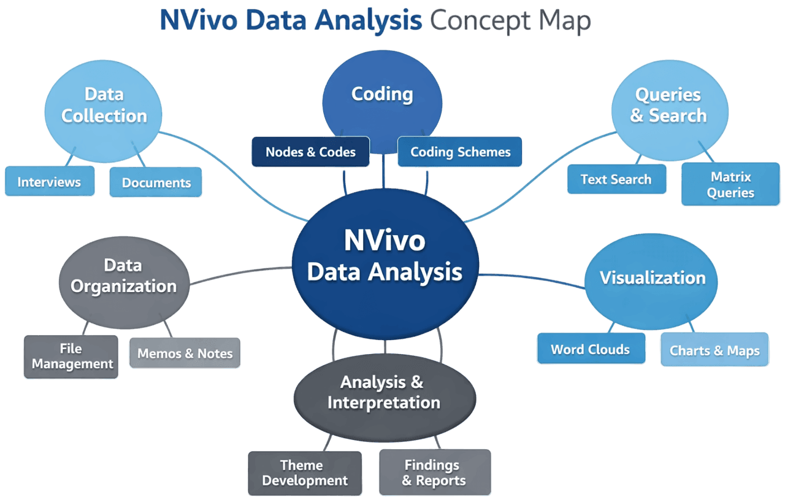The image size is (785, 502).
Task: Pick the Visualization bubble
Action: pyautogui.click(x=653, y=278)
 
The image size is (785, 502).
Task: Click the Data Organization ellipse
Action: pyautogui.click(x=123, y=277)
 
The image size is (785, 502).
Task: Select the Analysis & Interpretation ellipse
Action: pyautogui.click(x=385, y=393)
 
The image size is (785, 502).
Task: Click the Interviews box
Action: pyautogui.click(x=49, y=182)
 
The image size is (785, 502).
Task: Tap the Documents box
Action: pyautogui.click(x=156, y=183)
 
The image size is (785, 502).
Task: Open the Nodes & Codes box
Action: pyautogui.click(x=310, y=152)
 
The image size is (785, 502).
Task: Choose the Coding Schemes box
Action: pyautogui.click(x=460, y=152)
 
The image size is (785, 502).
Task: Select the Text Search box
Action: pyautogui.click(x=616, y=179)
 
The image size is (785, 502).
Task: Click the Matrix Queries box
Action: pyautogui.click(x=730, y=185)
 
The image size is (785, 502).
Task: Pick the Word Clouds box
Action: pyautogui.click(x=590, y=350)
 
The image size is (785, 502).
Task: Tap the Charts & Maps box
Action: pyautogui.click(x=714, y=351)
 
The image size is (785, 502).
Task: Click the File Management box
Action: pyautogui.click(x=71, y=357)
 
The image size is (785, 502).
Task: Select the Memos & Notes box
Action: pyautogui.click(x=185, y=353)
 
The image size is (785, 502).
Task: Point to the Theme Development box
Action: pyautogui.click(x=304, y=473)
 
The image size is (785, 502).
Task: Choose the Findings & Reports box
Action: pyautogui.click(x=434, y=473)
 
